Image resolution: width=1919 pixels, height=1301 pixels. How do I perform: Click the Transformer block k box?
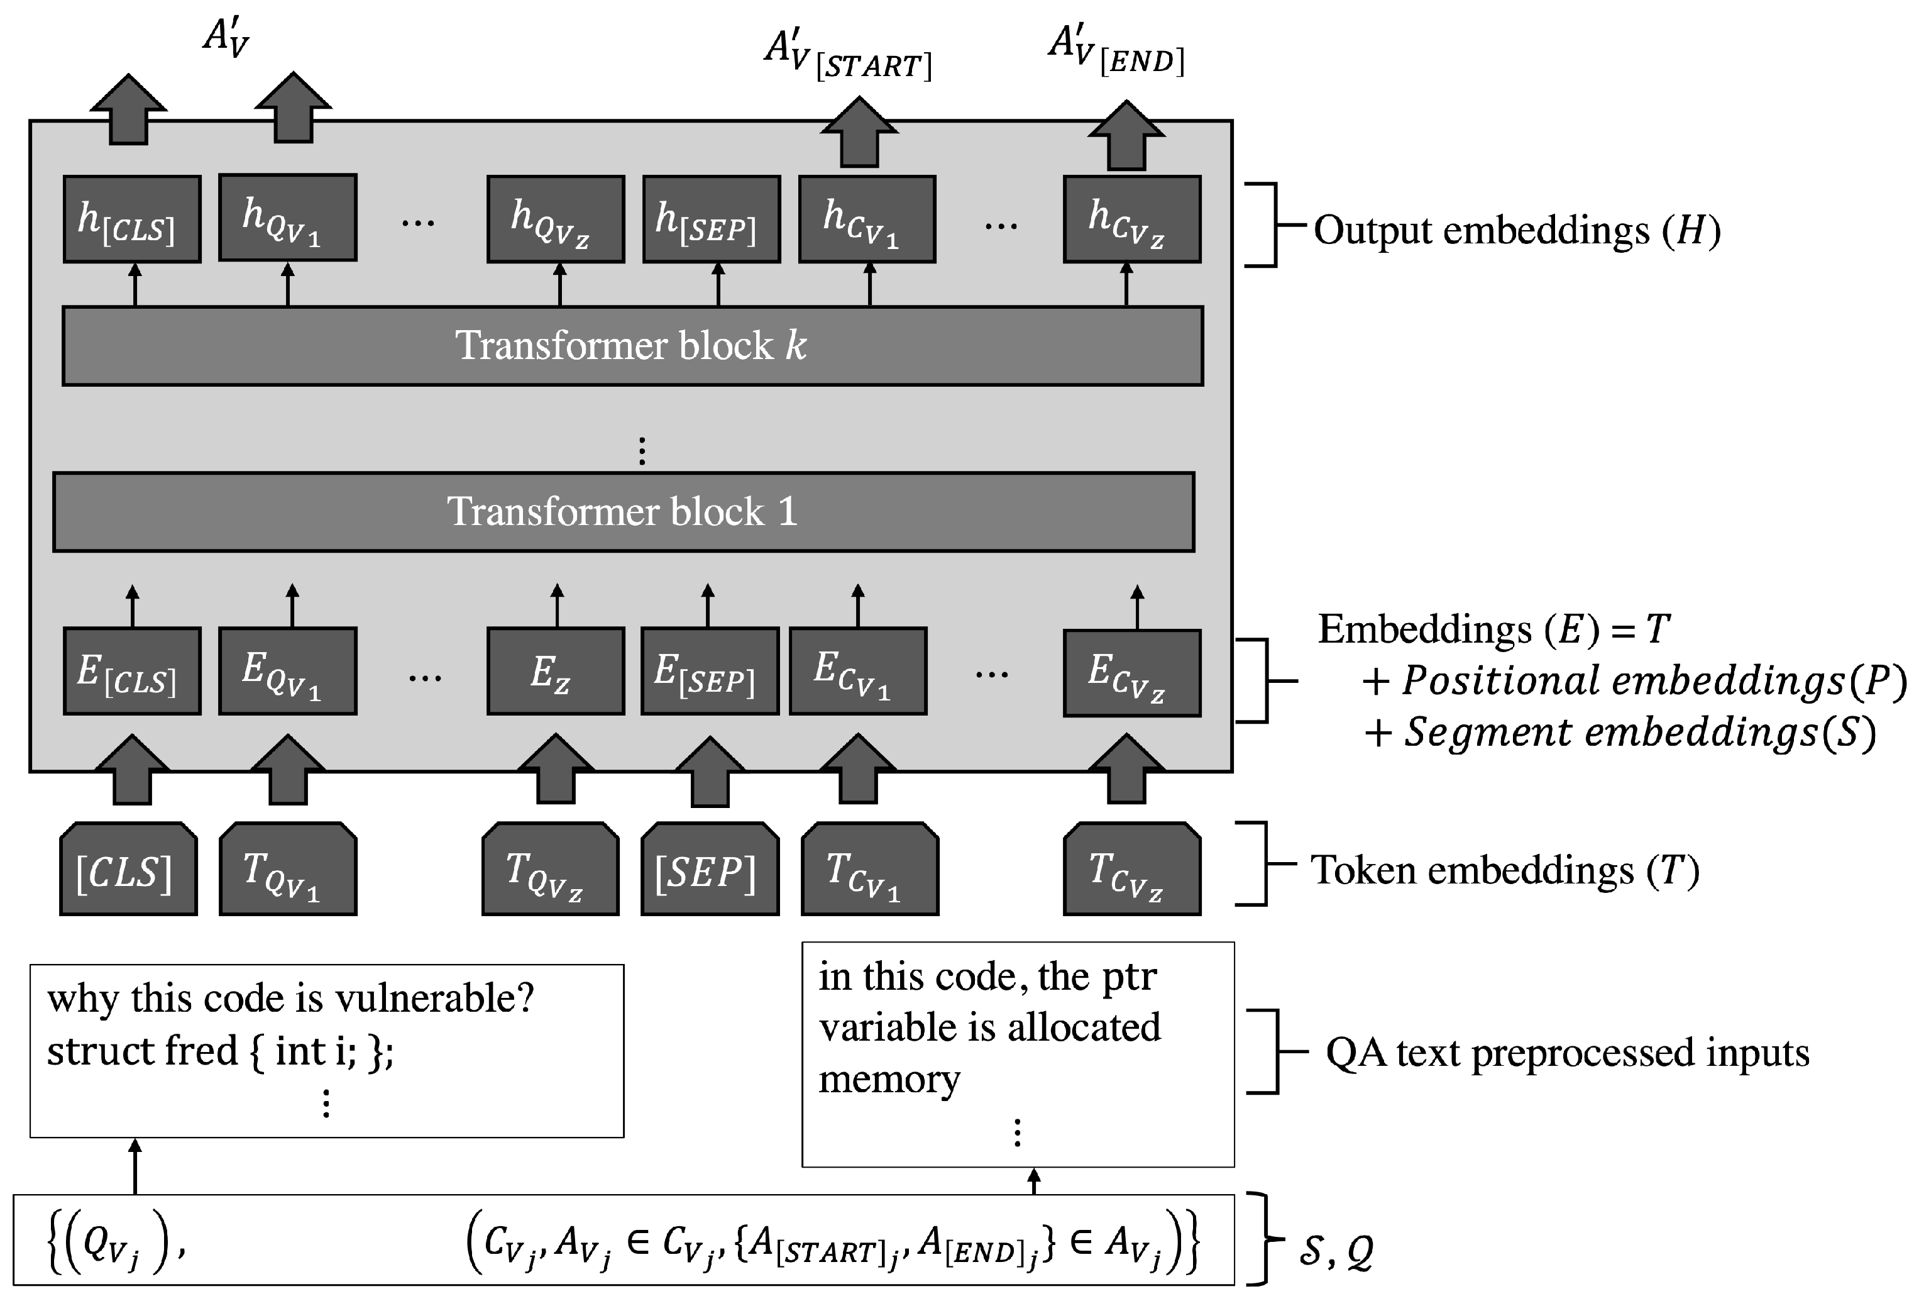(632, 346)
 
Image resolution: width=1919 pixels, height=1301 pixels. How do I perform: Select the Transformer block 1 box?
(624, 512)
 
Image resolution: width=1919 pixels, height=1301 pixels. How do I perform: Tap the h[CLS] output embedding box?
(132, 219)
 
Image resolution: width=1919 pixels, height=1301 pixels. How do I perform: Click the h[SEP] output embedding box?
(711, 219)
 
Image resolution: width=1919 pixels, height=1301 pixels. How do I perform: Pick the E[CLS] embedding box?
(132, 672)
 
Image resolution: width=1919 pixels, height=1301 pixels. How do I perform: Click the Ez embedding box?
(555, 672)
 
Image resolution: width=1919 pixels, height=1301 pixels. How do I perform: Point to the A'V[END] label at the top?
(1116, 51)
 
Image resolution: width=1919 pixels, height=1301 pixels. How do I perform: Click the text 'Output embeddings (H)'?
(1516, 231)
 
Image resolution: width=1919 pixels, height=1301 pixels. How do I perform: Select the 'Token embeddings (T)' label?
(1505, 871)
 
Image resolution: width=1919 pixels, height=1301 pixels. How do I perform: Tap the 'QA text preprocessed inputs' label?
(1566, 1053)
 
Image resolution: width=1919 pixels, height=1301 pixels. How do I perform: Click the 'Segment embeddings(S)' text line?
(1620, 733)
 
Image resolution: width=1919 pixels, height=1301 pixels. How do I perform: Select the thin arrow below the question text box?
(135, 1166)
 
